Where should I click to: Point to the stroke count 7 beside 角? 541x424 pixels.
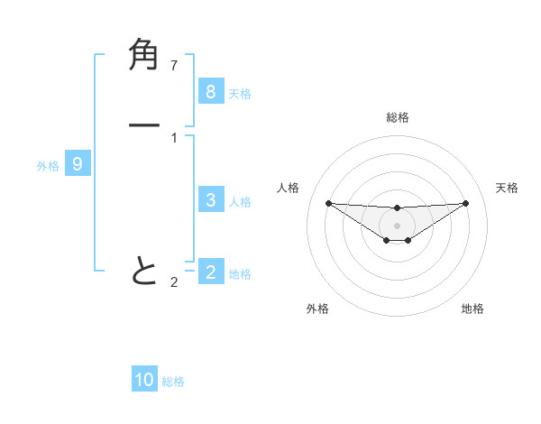(174, 65)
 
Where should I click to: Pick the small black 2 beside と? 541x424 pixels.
(174, 282)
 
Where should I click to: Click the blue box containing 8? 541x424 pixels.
(210, 91)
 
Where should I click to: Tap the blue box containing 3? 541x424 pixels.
(210, 200)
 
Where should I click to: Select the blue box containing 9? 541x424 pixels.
(78, 164)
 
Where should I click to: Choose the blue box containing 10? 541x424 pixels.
(144, 380)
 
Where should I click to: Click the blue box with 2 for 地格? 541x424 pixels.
(210, 272)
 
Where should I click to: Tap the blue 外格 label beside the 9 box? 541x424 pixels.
(48, 166)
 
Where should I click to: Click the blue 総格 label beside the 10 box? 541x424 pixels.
(173, 382)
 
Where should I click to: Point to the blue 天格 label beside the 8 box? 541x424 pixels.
(240, 93)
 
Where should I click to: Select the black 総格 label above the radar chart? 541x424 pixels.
(397, 117)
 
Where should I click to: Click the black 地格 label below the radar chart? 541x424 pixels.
(472, 309)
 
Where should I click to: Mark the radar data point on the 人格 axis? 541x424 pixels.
(328, 203)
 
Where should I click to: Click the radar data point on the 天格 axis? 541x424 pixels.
(465, 203)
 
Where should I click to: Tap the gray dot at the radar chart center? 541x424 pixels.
(397, 225)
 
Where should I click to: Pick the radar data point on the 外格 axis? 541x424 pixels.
(386, 240)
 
